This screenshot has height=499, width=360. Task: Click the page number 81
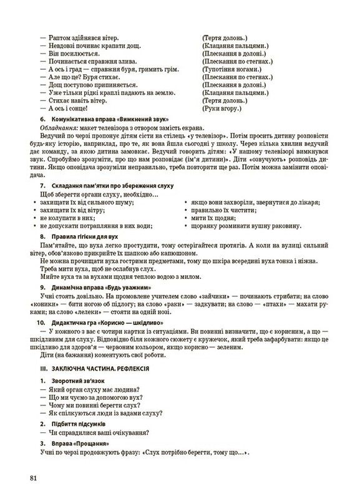(x=32, y=478)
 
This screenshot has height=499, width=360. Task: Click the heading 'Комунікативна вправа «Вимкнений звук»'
(x=106, y=119)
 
